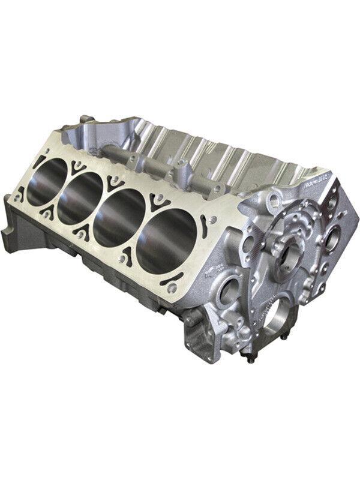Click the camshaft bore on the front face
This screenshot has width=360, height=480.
tap(295, 245)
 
